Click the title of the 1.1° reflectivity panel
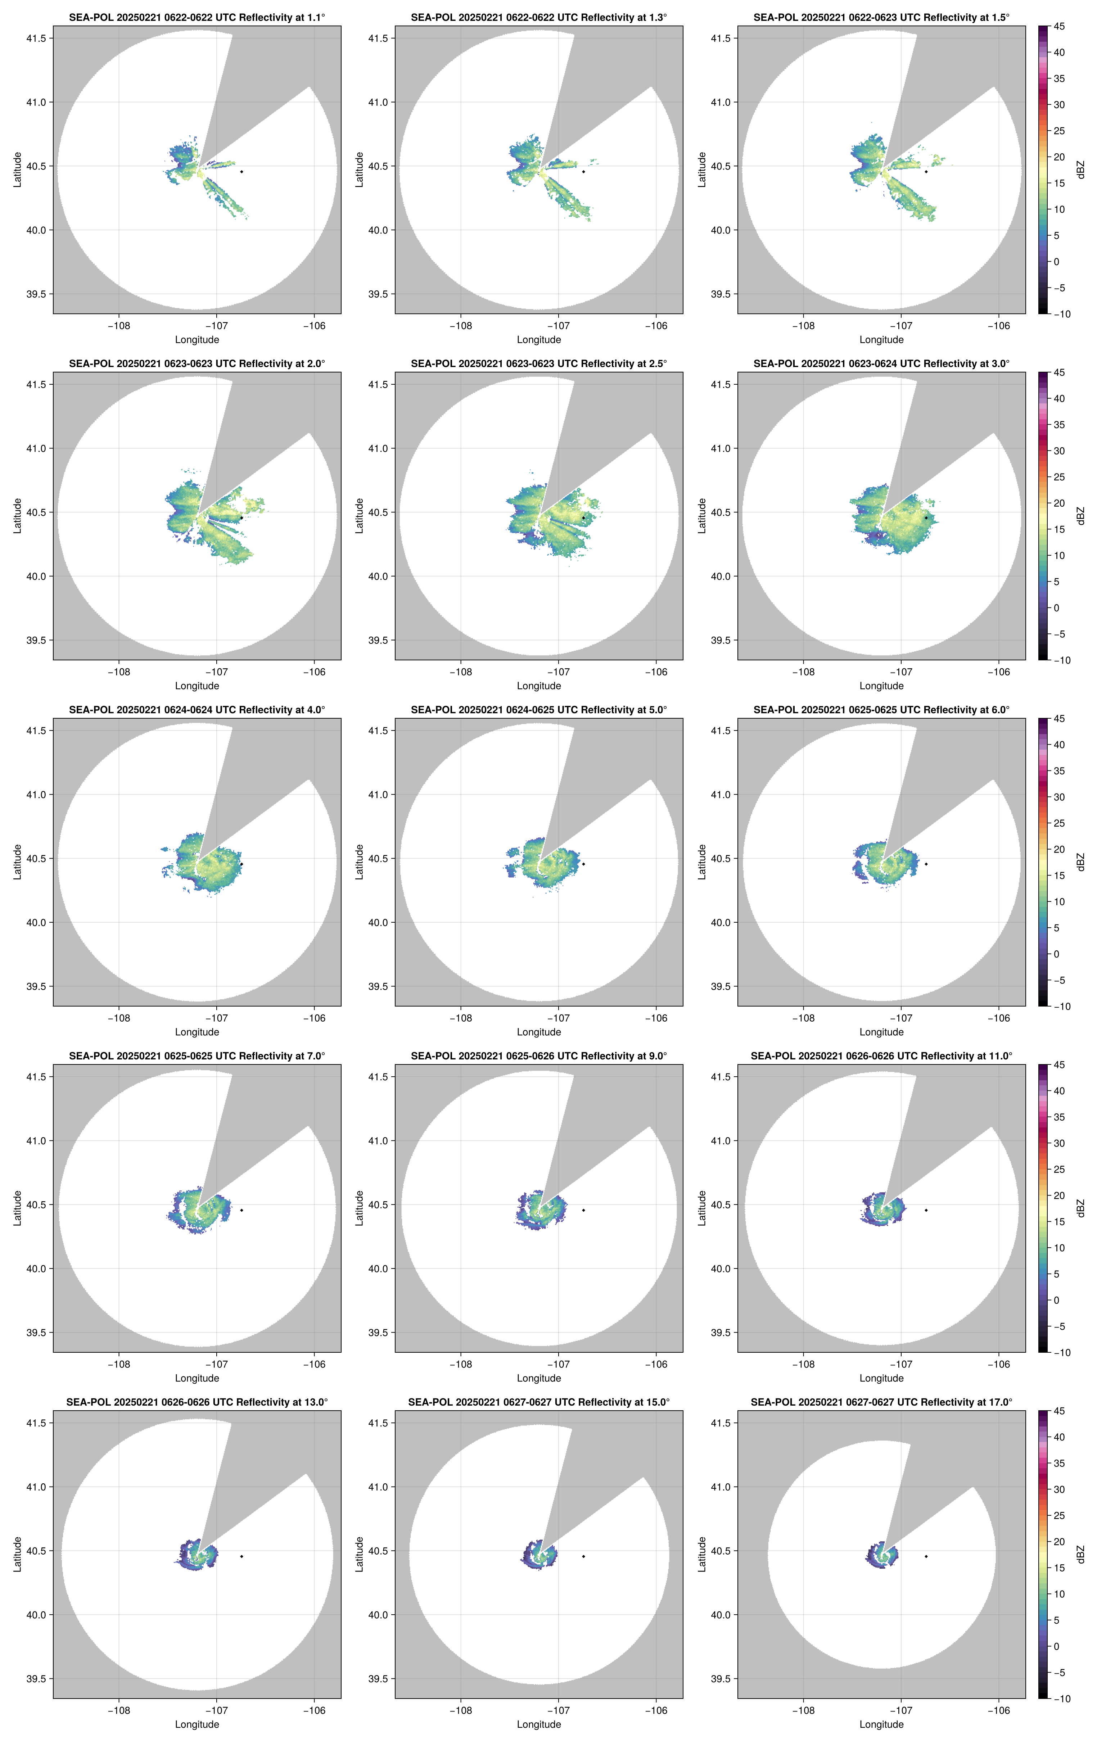pos(197,17)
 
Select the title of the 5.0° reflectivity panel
pos(539,710)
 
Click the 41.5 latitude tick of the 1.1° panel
pos(36,38)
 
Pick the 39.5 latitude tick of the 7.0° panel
pos(36,1333)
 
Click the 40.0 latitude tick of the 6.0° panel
pos(721,923)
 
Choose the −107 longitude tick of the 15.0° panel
pos(558,1711)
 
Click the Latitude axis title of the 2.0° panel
pos(17,516)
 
